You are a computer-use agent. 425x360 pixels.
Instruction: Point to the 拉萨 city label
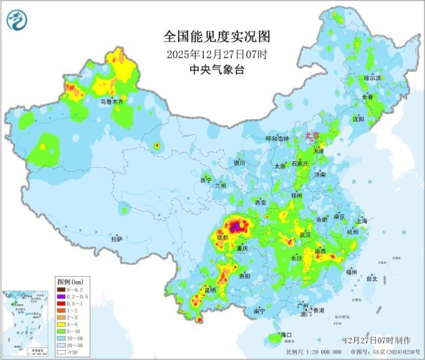tap(117, 239)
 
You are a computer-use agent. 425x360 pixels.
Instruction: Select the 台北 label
tap(372, 279)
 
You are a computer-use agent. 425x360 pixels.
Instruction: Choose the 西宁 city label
tap(206, 180)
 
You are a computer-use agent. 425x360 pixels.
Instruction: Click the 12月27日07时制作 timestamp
tap(377, 340)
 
